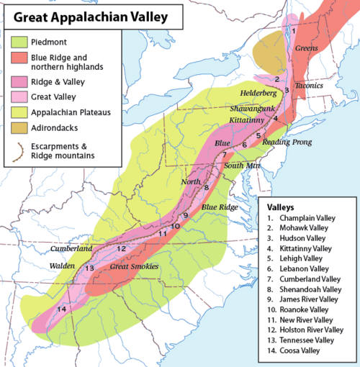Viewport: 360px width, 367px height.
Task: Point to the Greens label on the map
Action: (307, 49)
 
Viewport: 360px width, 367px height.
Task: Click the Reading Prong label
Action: (287, 143)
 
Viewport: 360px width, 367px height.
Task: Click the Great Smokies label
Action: (133, 266)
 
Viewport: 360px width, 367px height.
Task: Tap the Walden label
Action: (61, 265)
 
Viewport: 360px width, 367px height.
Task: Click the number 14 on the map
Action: (61, 309)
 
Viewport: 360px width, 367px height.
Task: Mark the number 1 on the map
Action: (294, 31)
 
